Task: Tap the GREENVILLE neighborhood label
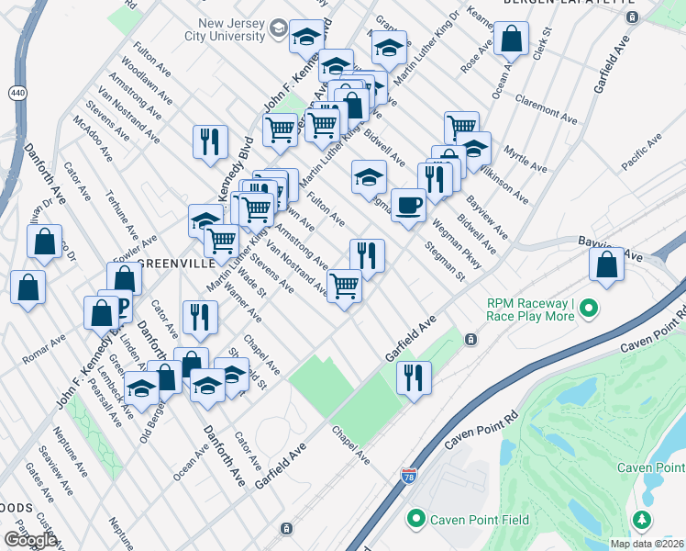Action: (175, 264)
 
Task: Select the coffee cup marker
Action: (408, 205)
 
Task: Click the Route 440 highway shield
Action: (17, 93)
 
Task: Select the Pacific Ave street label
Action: (641, 152)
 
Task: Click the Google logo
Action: (30, 540)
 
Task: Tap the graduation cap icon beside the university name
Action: (276, 31)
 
